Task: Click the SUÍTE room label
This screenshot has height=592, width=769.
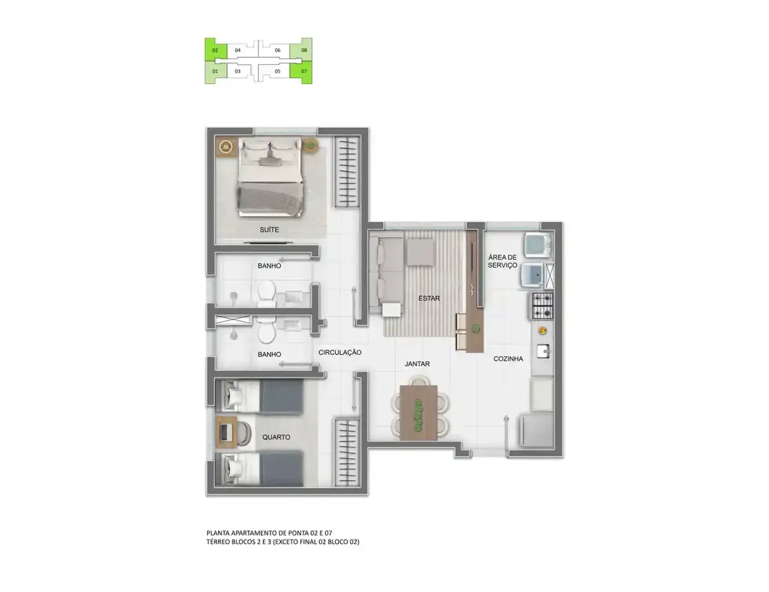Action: coord(269,230)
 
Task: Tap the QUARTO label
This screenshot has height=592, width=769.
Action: coord(276,437)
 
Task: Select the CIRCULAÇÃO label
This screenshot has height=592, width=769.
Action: coord(340,352)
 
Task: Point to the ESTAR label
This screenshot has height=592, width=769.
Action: coord(429,298)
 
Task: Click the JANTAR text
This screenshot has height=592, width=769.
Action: coord(417,363)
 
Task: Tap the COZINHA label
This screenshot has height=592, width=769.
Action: coord(508,359)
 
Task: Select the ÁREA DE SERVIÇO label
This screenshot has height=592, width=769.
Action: coord(502,261)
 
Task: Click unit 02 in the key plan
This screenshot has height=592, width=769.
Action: coord(215,50)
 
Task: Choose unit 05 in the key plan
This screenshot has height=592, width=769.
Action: coord(277,71)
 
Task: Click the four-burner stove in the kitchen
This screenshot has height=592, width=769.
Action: coord(542,306)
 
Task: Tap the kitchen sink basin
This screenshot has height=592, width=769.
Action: coord(543,351)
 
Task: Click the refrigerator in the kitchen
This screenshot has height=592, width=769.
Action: coord(536,431)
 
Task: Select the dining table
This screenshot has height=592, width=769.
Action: coord(418,413)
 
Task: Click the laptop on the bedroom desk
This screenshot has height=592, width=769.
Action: coord(224,432)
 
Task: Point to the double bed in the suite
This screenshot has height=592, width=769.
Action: coord(270,177)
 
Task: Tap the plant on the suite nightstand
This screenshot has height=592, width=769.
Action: coord(310,145)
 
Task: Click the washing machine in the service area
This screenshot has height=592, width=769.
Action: coord(537,245)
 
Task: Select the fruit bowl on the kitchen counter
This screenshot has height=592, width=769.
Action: coord(542,331)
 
